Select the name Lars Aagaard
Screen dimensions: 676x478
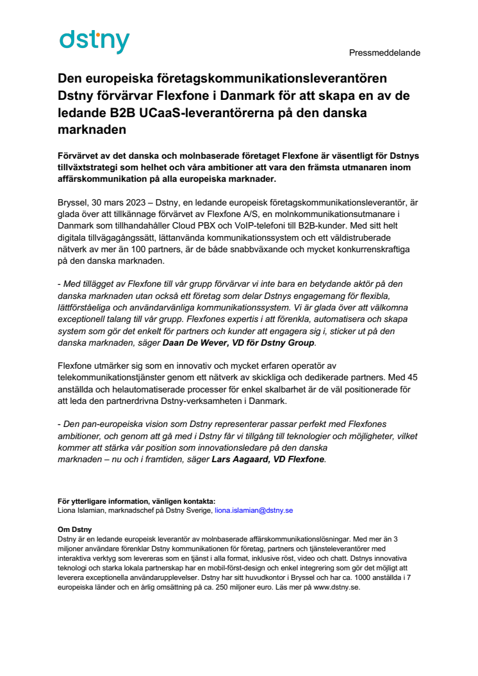[242, 458]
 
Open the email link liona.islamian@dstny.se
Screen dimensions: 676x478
[254, 510]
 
